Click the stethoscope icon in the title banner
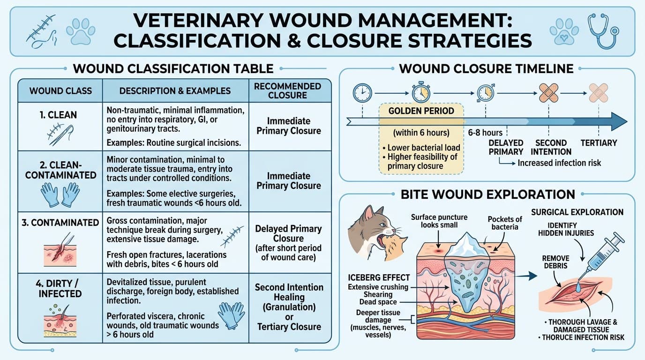pyautogui.click(x=603, y=30)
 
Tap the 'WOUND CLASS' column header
pyautogui.click(x=60, y=91)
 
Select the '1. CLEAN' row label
pyautogui.click(x=59, y=115)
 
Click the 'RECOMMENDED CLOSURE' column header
pyautogui.click(x=287, y=91)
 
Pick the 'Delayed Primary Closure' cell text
pyautogui.click(x=288, y=233)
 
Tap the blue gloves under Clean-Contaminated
pyautogui.click(x=60, y=195)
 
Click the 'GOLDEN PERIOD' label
pyautogui.click(x=421, y=111)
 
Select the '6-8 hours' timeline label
pyautogui.click(x=485, y=133)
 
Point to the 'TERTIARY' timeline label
pyautogui.click(x=599, y=143)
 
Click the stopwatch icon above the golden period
pyautogui.click(x=421, y=92)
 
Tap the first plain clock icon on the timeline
pyautogui.click(x=362, y=93)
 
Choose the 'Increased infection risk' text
pyautogui.click(x=559, y=163)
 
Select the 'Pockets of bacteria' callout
pyautogui.click(x=505, y=223)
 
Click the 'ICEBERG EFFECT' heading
pyautogui.click(x=379, y=277)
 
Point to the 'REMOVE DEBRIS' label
pyautogui.click(x=556, y=262)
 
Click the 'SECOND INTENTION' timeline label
pyautogui.click(x=551, y=147)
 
